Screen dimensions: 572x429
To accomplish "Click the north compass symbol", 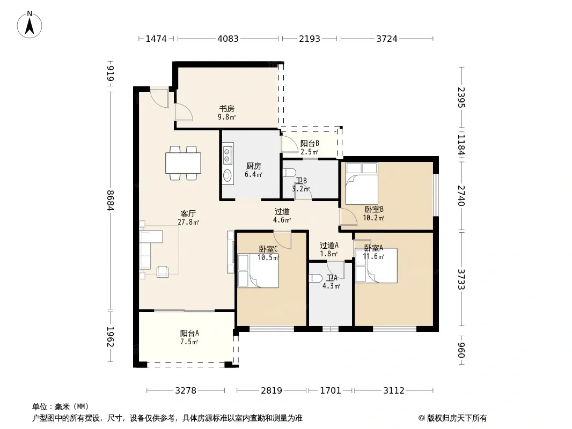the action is [x=30, y=25].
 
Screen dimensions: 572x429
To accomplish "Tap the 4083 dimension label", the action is [x=228, y=39].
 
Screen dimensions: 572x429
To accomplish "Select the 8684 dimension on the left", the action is [x=111, y=201].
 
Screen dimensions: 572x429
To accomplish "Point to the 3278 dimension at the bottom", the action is [x=186, y=391].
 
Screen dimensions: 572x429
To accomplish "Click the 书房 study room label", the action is [x=226, y=109].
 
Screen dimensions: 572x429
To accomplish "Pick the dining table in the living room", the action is [x=183, y=163].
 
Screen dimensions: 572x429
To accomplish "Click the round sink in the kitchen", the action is [x=228, y=176].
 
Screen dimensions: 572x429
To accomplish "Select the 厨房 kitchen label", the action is [x=253, y=166].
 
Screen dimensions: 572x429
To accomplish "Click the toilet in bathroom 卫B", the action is [x=289, y=172].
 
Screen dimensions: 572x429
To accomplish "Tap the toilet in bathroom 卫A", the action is [x=315, y=278].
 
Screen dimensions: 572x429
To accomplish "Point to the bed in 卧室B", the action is [x=362, y=184].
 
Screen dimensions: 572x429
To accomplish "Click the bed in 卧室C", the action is [x=258, y=271].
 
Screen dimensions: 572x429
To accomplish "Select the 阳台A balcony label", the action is [x=190, y=333].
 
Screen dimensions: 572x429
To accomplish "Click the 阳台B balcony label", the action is [x=310, y=144].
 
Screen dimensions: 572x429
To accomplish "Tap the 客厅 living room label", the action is [x=188, y=213].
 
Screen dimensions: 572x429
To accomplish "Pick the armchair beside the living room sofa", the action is [x=163, y=272].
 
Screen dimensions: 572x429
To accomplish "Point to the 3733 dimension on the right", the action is [x=462, y=279].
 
